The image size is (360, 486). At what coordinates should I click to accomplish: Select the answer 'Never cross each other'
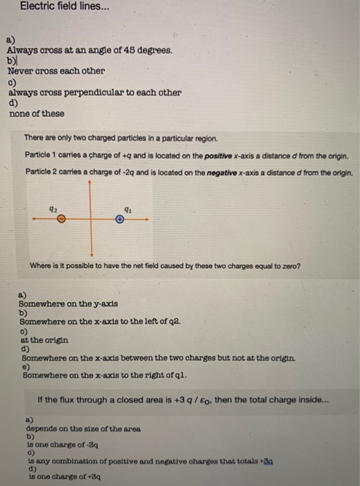(56, 71)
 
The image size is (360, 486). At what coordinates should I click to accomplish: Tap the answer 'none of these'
(36, 113)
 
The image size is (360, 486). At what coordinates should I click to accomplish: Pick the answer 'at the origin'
(44, 340)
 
